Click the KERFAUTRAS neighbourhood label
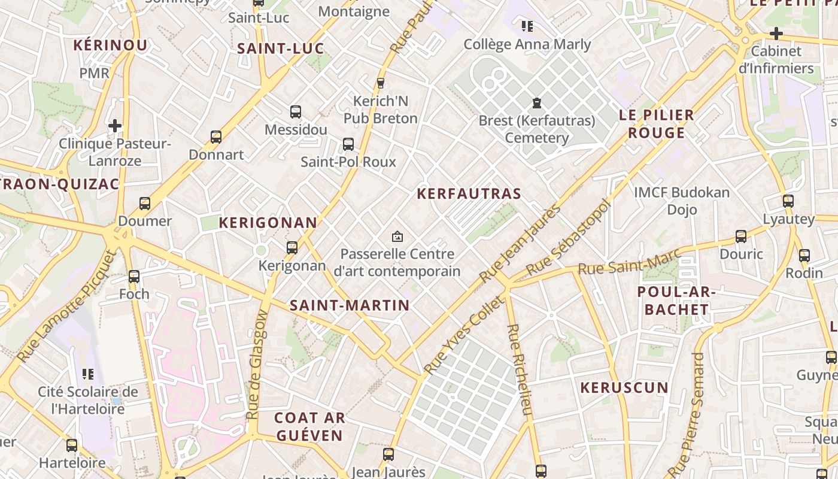pyautogui.click(x=469, y=193)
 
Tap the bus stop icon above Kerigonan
pyautogui.click(x=292, y=247)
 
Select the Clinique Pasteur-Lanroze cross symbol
pyautogui.click(x=115, y=126)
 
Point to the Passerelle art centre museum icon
pyautogui.click(x=397, y=237)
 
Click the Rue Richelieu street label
pyautogui.click(x=520, y=369)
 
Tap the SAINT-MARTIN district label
pyautogui.click(x=350, y=305)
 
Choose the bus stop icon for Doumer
pyautogui.click(x=145, y=204)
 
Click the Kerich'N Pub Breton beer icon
pyautogui.click(x=380, y=83)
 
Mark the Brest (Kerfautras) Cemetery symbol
pyautogui.click(x=536, y=103)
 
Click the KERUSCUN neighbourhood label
pyautogui.click(x=624, y=387)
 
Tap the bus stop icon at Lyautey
pyautogui.click(x=788, y=201)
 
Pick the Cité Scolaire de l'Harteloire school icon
pyautogui.click(x=88, y=374)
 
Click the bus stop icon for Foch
pyautogui.click(x=134, y=277)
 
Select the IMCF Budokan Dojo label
pyautogui.click(x=682, y=201)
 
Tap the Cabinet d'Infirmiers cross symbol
pyautogui.click(x=776, y=34)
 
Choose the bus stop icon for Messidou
pyautogui.click(x=296, y=112)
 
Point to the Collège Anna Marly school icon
pyautogui.click(x=527, y=26)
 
